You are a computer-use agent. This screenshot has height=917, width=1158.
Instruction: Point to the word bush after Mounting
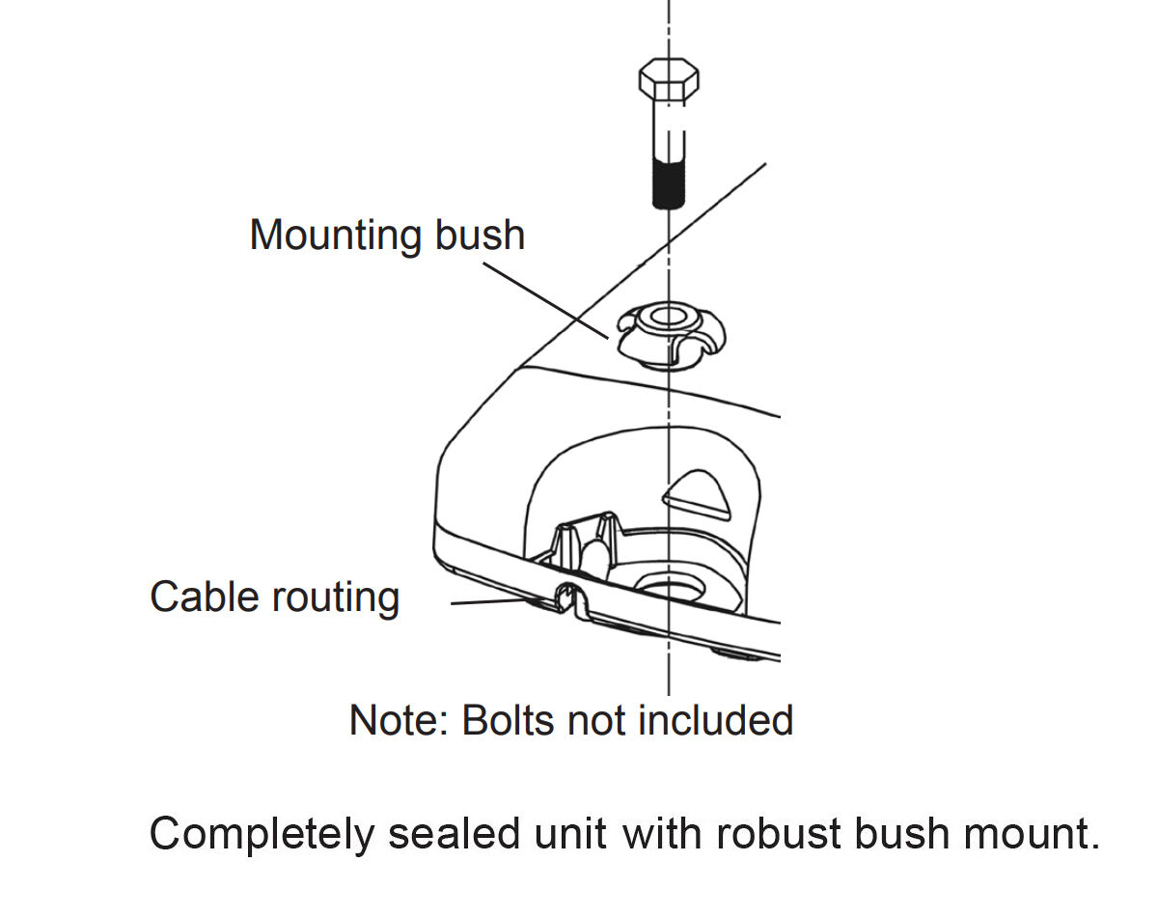480,235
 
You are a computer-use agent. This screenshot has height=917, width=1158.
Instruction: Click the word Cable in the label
204,596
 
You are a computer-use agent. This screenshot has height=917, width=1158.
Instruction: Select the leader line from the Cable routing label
492,601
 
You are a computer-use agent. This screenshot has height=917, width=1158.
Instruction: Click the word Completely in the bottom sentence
260,833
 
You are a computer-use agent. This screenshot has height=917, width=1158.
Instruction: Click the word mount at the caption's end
1034,833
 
